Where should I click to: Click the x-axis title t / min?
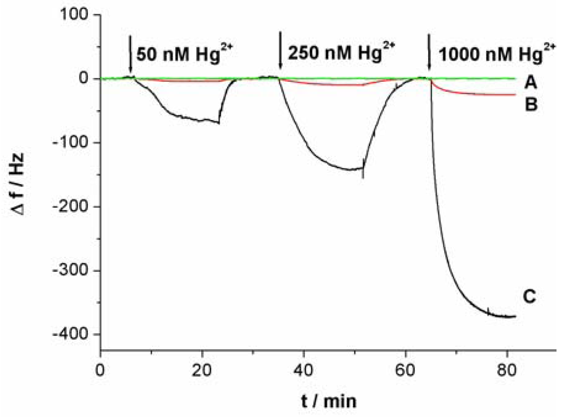[329, 401]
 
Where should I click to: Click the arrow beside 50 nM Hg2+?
[130, 54]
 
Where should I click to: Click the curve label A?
[530, 83]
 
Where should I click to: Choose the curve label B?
[531, 104]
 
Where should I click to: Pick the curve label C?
[529, 297]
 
